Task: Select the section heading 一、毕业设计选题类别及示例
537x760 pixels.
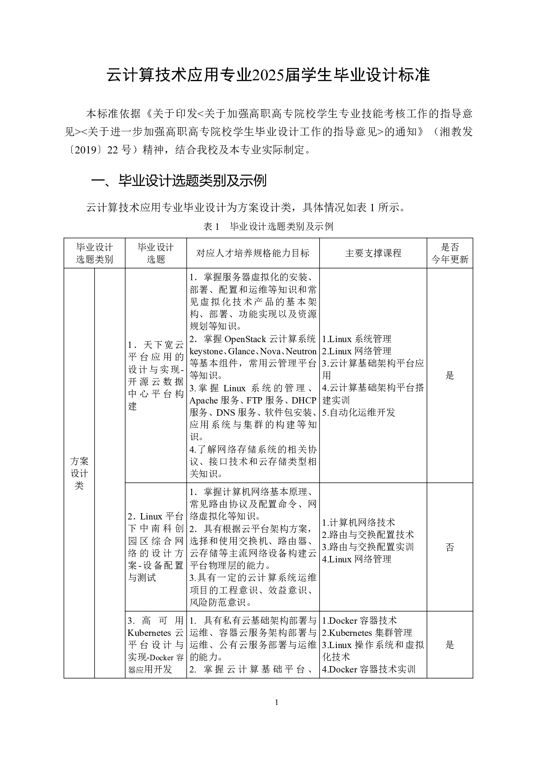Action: tap(179, 181)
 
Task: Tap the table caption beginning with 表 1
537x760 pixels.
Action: tap(268, 226)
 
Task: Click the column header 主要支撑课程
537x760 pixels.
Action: tap(373, 253)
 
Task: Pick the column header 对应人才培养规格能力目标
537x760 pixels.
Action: tap(252, 253)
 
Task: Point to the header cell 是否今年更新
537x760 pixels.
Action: tap(450, 253)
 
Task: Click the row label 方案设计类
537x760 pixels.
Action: tap(79, 473)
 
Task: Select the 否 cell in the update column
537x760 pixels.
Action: tap(450, 547)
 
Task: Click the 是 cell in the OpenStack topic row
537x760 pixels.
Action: tap(450, 375)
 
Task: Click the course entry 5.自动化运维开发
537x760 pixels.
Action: tap(358, 412)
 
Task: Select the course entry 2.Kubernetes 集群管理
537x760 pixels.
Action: tap(367, 633)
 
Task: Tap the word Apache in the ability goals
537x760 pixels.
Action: tap(203, 400)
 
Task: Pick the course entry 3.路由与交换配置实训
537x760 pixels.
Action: tap(368, 547)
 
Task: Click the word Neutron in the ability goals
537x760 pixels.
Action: tap(301, 351)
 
